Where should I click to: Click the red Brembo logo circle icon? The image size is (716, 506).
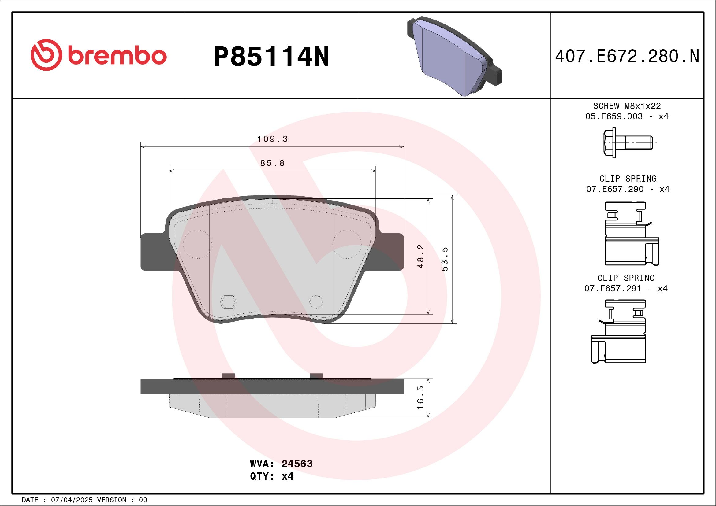46,55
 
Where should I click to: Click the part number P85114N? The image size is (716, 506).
271,57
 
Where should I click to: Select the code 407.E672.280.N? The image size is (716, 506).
627,57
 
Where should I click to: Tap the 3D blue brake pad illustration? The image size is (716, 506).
454,56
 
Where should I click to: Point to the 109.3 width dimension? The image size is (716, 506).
272,139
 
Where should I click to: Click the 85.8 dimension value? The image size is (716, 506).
272,163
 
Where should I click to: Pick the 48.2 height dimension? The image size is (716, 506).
421,256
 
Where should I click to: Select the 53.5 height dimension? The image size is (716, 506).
445,259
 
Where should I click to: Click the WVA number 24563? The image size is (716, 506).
296,464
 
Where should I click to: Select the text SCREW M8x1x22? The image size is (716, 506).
627,106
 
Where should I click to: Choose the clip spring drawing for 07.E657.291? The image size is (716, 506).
619,331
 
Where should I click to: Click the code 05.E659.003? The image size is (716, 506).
614,116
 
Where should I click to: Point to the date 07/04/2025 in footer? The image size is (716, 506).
72,500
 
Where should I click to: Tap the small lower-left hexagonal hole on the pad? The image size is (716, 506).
228,301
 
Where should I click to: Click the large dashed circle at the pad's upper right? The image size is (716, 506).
347,244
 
